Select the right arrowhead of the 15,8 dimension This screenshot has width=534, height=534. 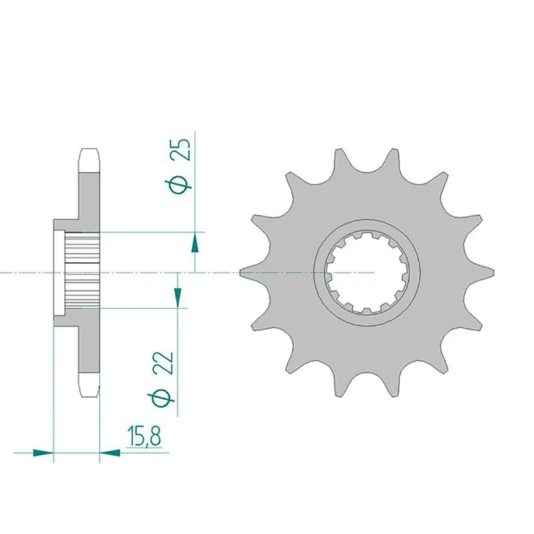(110, 453)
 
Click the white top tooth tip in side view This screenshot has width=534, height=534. (89, 158)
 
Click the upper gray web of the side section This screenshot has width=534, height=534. (89, 197)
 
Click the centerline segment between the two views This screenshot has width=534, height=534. (214, 272)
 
